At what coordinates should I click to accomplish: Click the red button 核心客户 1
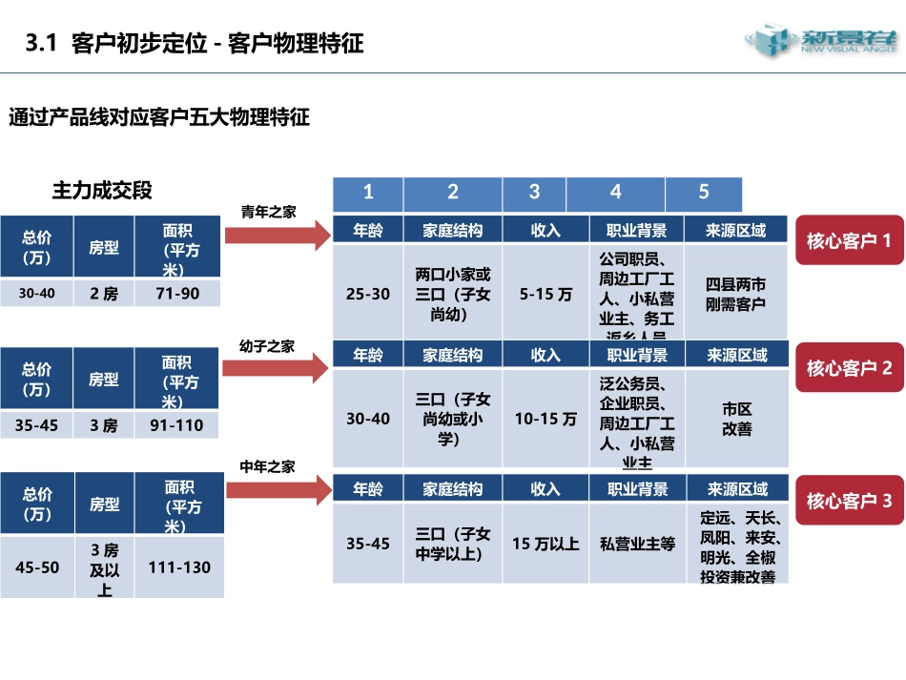point(849,240)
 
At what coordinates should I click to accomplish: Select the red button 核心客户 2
point(849,368)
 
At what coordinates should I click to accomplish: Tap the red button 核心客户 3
point(849,500)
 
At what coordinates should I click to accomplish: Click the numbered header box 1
point(368,193)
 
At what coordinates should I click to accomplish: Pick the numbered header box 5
point(704,193)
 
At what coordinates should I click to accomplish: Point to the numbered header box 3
point(534,193)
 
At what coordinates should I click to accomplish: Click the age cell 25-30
point(368,294)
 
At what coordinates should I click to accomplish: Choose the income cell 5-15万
point(546,294)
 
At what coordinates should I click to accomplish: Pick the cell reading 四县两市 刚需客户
point(735,294)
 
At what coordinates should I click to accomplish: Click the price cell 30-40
point(37,294)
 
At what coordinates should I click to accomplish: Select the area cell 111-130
point(179,567)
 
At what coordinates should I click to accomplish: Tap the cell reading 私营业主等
point(637,544)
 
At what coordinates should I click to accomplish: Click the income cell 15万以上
point(546,544)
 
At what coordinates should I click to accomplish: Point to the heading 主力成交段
point(102,191)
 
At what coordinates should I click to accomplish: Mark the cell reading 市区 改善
point(736,420)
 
